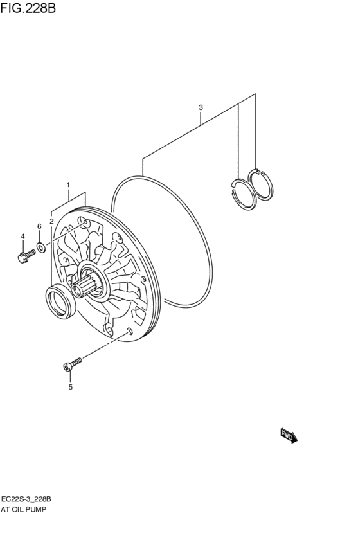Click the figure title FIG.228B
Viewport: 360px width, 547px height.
[28, 8]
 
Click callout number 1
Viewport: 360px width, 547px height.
[68, 184]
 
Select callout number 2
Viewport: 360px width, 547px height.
[51, 221]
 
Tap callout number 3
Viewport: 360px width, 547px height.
[201, 107]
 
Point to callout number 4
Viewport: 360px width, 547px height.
[22, 237]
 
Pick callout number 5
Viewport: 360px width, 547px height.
[71, 387]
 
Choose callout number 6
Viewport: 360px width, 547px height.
[39, 226]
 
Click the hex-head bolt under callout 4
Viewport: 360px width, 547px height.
[26, 256]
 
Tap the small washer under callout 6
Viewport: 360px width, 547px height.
[40, 248]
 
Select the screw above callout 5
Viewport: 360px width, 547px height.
[72, 364]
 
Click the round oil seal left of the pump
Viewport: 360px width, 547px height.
[61, 302]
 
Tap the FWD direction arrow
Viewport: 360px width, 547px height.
[289, 436]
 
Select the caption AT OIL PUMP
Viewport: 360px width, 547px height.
[24, 509]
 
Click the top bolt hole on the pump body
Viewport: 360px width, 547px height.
[83, 222]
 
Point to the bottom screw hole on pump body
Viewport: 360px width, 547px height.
[130, 330]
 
